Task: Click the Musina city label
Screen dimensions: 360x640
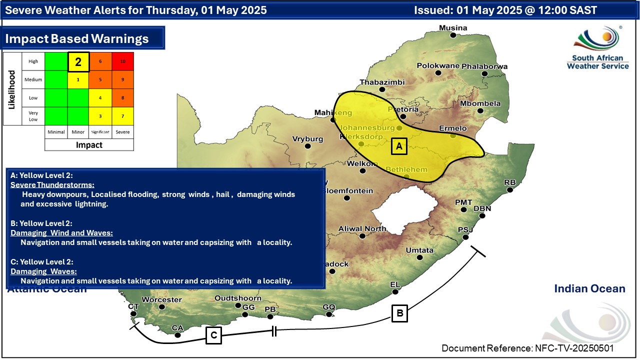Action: [453, 27]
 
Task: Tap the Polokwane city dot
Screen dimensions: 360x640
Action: [438, 73]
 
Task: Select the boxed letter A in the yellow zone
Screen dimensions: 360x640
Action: [398, 146]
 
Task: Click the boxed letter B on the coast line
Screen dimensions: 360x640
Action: [400, 313]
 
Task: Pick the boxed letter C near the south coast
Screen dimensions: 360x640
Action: [213, 335]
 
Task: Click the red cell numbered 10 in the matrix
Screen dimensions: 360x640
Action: [122, 61]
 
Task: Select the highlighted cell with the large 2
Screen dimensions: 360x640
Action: [78, 62]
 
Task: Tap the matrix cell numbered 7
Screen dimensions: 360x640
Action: [122, 116]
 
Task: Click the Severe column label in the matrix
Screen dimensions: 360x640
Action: [122, 132]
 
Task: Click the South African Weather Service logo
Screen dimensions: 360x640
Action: [597, 47]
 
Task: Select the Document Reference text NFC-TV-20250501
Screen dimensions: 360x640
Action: [527, 348]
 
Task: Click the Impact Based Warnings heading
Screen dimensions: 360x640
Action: [77, 38]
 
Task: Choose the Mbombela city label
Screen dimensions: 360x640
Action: [480, 103]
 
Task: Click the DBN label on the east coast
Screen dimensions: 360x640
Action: [482, 208]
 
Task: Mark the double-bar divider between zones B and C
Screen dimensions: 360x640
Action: [274, 330]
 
